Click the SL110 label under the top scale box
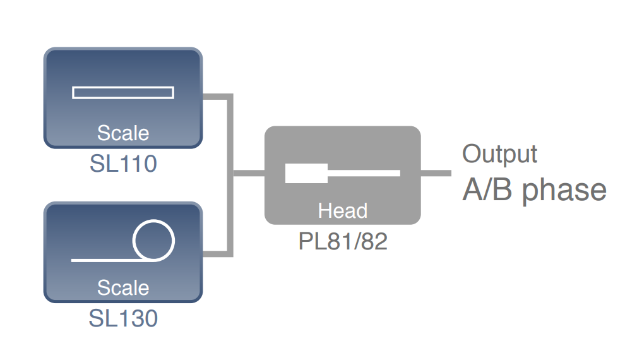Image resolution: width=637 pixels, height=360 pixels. click(123, 164)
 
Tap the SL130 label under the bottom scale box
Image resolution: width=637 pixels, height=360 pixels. click(123, 318)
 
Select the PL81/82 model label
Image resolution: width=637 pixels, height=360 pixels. click(343, 241)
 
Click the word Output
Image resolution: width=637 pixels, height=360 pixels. click(500, 153)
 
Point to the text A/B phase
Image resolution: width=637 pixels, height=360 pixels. click(534, 189)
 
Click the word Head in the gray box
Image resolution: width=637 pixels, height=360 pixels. click(343, 210)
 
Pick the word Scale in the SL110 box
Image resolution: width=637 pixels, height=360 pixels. click(123, 133)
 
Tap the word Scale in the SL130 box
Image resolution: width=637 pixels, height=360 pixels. click(123, 287)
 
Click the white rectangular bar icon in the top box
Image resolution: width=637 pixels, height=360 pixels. click(123, 93)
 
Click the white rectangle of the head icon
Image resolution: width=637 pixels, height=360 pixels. click(306, 173)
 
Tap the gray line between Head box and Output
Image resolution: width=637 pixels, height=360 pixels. click(436, 173)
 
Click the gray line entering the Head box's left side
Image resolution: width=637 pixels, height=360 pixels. click(249, 172)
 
